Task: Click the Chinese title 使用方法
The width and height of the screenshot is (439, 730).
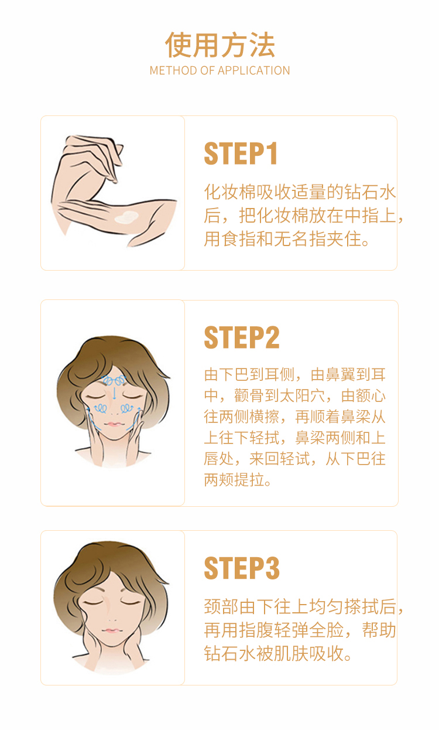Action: click(x=220, y=45)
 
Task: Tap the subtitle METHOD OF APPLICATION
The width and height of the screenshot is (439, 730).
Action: click(x=220, y=70)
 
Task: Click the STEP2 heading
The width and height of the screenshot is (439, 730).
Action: click(x=242, y=337)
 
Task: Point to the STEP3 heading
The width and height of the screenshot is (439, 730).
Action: click(x=242, y=568)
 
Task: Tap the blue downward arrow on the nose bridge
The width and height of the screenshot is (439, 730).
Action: click(x=115, y=393)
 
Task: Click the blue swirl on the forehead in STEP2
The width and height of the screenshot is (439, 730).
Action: click(x=114, y=380)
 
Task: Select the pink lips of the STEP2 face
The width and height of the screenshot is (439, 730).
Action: click(x=114, y=424)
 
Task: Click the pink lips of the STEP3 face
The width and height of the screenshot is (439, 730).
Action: click(x=111, y=630)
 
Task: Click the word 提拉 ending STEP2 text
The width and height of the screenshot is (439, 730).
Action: click(x=249, y=480)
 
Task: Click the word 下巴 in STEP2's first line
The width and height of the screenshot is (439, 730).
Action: click(x=234, y=375)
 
